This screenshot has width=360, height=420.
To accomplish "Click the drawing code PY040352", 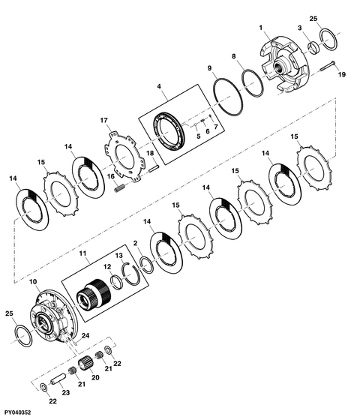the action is click(x=17, y=412).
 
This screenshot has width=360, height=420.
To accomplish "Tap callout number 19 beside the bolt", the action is click(x=341, y=74).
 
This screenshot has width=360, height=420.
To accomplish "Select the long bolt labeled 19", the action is click(x=328, y=66).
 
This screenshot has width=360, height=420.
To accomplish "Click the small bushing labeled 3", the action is click(x=315, y=47).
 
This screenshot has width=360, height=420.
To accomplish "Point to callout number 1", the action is click(x=261, y=28).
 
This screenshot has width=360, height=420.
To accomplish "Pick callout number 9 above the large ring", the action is click(x=210, y=68).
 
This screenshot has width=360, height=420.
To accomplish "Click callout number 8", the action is click(x=234, y=56).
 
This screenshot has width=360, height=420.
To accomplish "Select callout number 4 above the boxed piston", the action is click(x=159, y=86).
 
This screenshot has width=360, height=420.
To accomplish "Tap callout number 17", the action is click(x=104, y=121).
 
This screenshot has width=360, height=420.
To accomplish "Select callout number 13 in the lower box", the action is click(x=119, y=256).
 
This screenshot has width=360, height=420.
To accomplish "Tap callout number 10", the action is click(x=33, y=282).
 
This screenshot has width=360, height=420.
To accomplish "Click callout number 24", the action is click(x=85, y=336).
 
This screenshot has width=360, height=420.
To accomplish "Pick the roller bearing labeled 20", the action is click(x=86, y=365).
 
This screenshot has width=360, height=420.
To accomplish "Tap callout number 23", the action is click(x=66, y=392).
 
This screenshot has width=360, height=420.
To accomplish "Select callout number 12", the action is click(x=107, y=267).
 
